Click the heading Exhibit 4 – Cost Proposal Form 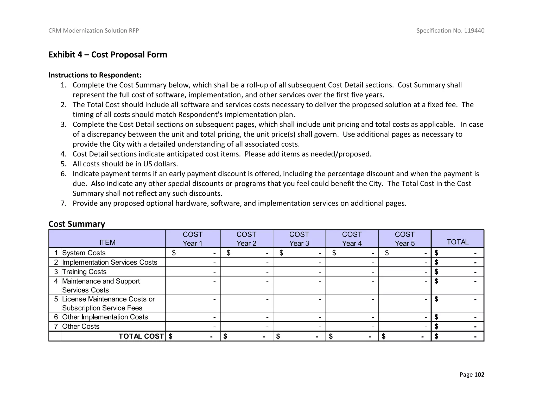click(108, 55)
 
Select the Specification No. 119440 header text click(450, 31)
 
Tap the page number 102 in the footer click(479, 374)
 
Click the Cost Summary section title click(77, 224)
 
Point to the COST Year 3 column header click(299, 239)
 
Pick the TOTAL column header click(458, 242)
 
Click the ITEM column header click(107, 242)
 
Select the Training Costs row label click(84, 272)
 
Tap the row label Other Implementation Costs click(105, 317)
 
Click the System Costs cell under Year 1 click(193, 253)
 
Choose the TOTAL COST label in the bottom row click(141, 336)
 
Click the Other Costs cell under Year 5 click(405, 326)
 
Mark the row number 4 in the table click(56, 281)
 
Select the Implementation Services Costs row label click(110, 262)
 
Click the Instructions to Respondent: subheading click(95, 75)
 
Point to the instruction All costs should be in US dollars click(125, 164)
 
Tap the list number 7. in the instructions click(64, 203)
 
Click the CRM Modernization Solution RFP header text click(94, 31)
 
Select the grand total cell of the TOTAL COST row click(458, 336)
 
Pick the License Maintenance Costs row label click(108, 303)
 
